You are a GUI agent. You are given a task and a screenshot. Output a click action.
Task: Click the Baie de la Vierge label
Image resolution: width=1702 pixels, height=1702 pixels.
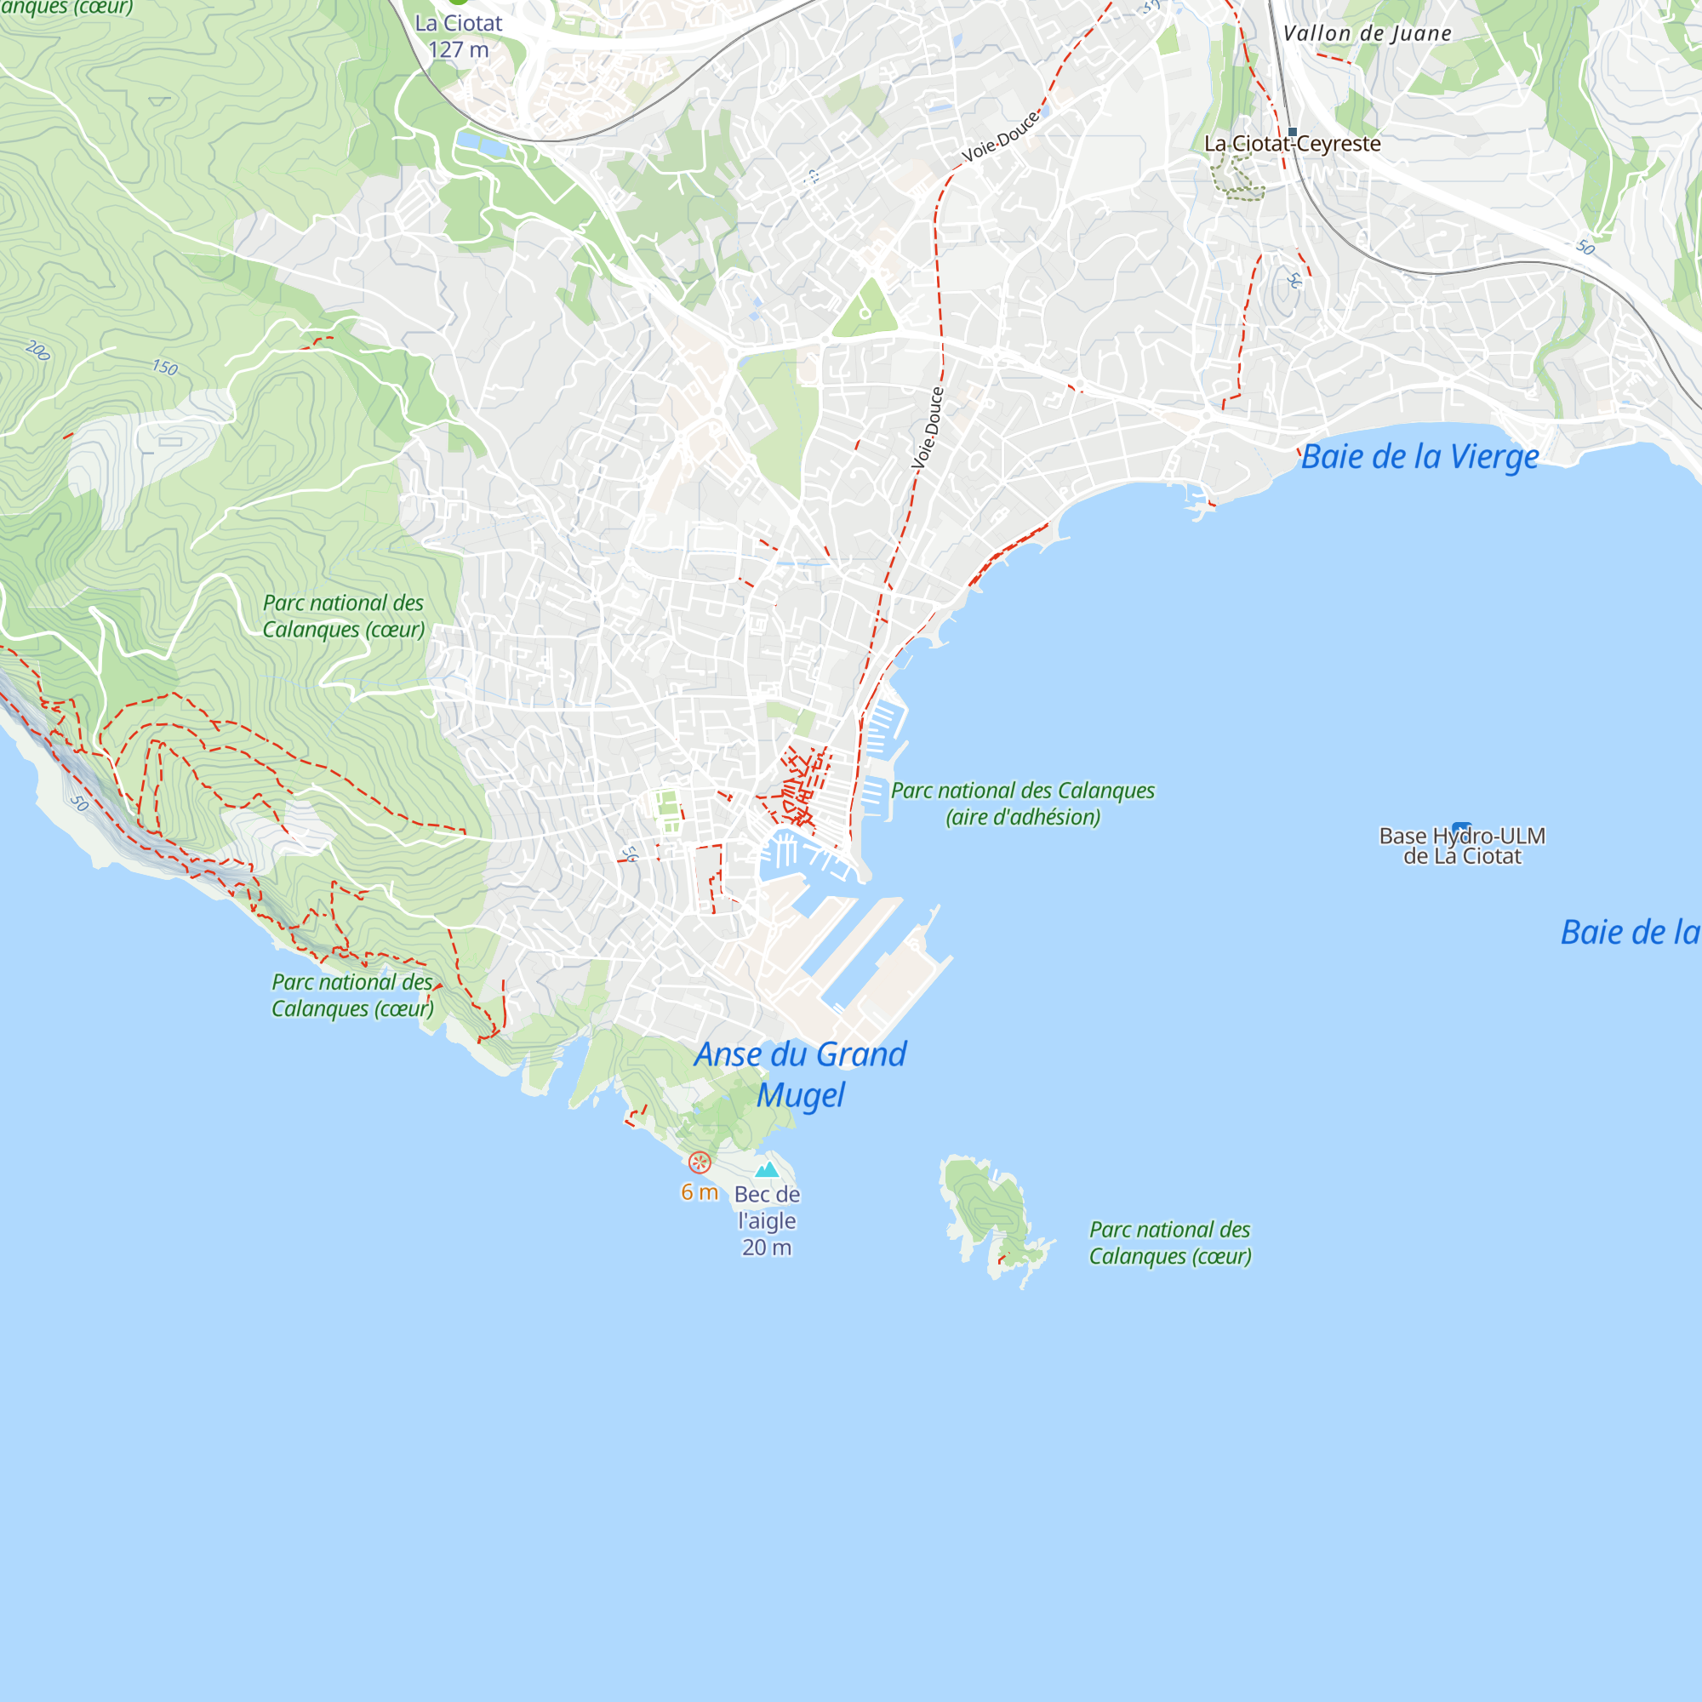tap(1419, 457)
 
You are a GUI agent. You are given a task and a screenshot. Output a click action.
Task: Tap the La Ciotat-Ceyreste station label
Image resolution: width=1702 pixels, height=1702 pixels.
tap(1293, 145)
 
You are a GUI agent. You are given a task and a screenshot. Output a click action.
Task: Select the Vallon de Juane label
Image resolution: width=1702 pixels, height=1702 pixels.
tap(1367, 33)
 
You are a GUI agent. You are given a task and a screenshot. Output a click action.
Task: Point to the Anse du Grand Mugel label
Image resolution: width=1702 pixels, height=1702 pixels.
tap(800, 1074)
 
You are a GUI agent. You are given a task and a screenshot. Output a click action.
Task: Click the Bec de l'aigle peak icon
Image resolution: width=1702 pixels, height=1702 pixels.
tap(768, 1170)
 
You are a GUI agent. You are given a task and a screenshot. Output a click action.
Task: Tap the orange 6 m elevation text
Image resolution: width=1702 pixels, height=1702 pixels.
tap(700, 1192)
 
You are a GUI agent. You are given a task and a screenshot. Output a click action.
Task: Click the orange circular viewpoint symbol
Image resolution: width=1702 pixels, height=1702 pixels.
tap(700, 1162)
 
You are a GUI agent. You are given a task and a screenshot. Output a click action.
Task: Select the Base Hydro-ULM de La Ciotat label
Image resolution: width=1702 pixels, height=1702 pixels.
tap(1461, 847)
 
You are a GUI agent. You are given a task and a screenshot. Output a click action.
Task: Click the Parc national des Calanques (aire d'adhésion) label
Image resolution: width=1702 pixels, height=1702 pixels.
tap(1023, 803)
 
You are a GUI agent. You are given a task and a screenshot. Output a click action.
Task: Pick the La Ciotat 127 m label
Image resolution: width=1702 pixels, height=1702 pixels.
tap(458, 37)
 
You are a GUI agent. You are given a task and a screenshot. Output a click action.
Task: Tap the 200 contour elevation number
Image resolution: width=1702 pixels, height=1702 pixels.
tap(37, 351)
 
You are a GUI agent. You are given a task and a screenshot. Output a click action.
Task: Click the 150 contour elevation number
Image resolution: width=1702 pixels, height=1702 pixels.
tap(165, 368)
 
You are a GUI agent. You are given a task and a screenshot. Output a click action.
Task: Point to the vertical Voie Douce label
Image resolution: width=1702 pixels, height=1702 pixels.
tap(928, 428)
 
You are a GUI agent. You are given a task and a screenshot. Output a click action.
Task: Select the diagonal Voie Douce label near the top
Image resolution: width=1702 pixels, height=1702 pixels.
tap(1000, 139)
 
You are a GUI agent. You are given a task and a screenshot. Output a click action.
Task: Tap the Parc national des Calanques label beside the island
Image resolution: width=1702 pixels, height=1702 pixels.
tap(1170, 1242)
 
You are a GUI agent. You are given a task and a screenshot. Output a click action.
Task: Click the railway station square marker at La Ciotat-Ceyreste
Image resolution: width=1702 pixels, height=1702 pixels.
tap(1293, 132)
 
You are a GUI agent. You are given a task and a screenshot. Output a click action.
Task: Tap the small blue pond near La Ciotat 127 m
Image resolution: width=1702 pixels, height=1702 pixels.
tap(480, 144)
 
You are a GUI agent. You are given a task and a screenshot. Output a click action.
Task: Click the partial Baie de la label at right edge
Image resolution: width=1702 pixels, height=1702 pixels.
tap(1630, 933)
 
